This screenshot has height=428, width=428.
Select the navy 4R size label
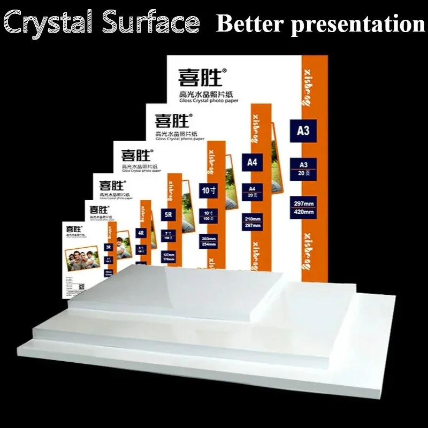(x=142, y=233)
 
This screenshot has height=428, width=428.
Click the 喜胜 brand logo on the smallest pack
(x=73, y=227)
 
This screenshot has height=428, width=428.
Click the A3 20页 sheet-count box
(x=303, y=167)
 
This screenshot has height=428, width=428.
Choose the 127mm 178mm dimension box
(x=165, y=257)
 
